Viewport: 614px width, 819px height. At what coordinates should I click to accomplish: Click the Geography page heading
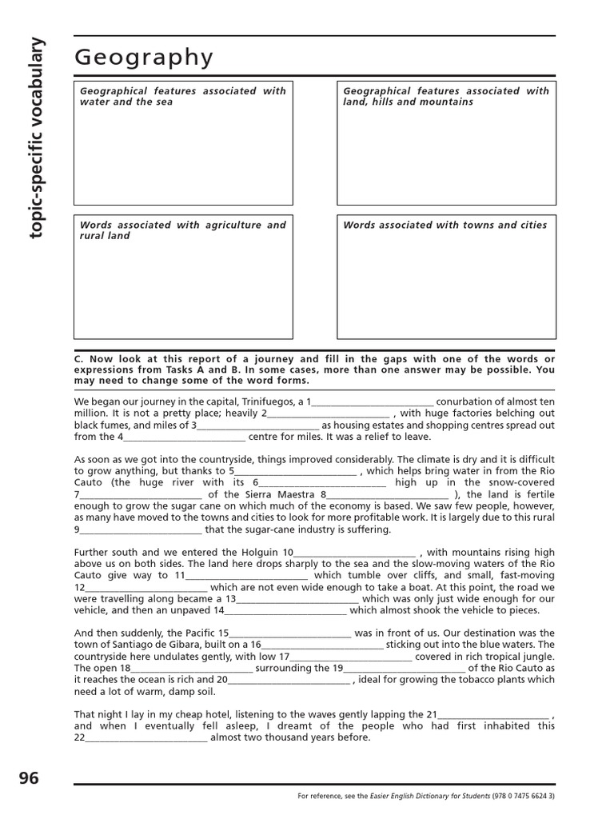click(x=144, y=58)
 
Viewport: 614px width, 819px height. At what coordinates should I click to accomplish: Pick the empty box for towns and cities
click(x=446, y=284)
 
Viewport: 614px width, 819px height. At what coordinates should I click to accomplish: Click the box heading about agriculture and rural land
click(x=182, y=230)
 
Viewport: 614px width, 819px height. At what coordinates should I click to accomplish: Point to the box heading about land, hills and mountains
click(x=446, y=97)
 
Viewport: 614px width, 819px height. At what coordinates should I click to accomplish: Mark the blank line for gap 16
click(x=323, y=645)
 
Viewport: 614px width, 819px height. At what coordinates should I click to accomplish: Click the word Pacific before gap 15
click(x=198, y=633)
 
